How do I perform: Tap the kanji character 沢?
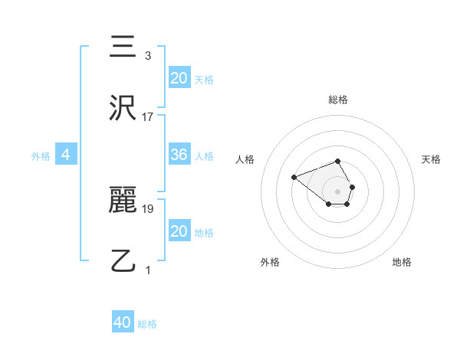click(123, 109)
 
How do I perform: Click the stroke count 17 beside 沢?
click(147, 117)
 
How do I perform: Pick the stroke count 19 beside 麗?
click(148, 208)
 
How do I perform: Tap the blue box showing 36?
click(179, 155)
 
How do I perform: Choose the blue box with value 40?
click(123, 322)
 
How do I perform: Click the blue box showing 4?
click(66, 155)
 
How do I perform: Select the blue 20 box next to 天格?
click(179, 77)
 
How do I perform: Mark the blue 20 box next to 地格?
click(179, 231)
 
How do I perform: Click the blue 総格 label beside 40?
click(147, 324)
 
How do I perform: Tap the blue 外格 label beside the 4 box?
click(41, 156)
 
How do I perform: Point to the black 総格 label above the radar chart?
click(338, 100)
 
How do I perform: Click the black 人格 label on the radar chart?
click(245, 159)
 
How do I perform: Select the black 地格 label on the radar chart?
click(402, 262)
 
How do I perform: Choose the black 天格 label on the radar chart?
click(431, 159)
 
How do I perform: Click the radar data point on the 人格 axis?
click(294, 178)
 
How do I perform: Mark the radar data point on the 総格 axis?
click(338, 161)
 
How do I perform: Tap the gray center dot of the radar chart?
click(338, 191)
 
